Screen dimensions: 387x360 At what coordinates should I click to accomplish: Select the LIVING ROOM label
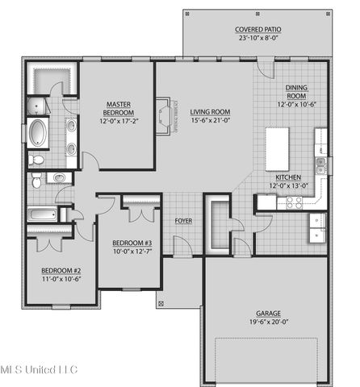coord(211,112)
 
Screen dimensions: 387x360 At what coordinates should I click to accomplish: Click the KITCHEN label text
coord(288,177)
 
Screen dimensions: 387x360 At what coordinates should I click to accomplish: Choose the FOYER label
coord(183,219)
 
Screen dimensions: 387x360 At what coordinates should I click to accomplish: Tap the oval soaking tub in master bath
coord(38,131)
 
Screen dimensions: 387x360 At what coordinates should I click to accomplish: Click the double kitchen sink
coord(321,166)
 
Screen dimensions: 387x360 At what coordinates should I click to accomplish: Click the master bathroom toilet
coord(37,160)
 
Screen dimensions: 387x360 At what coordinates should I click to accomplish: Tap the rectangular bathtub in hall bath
coord(43,215)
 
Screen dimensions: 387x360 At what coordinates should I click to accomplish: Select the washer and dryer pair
coord(317,227)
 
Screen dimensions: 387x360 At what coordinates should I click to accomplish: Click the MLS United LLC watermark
coord(39,370)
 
